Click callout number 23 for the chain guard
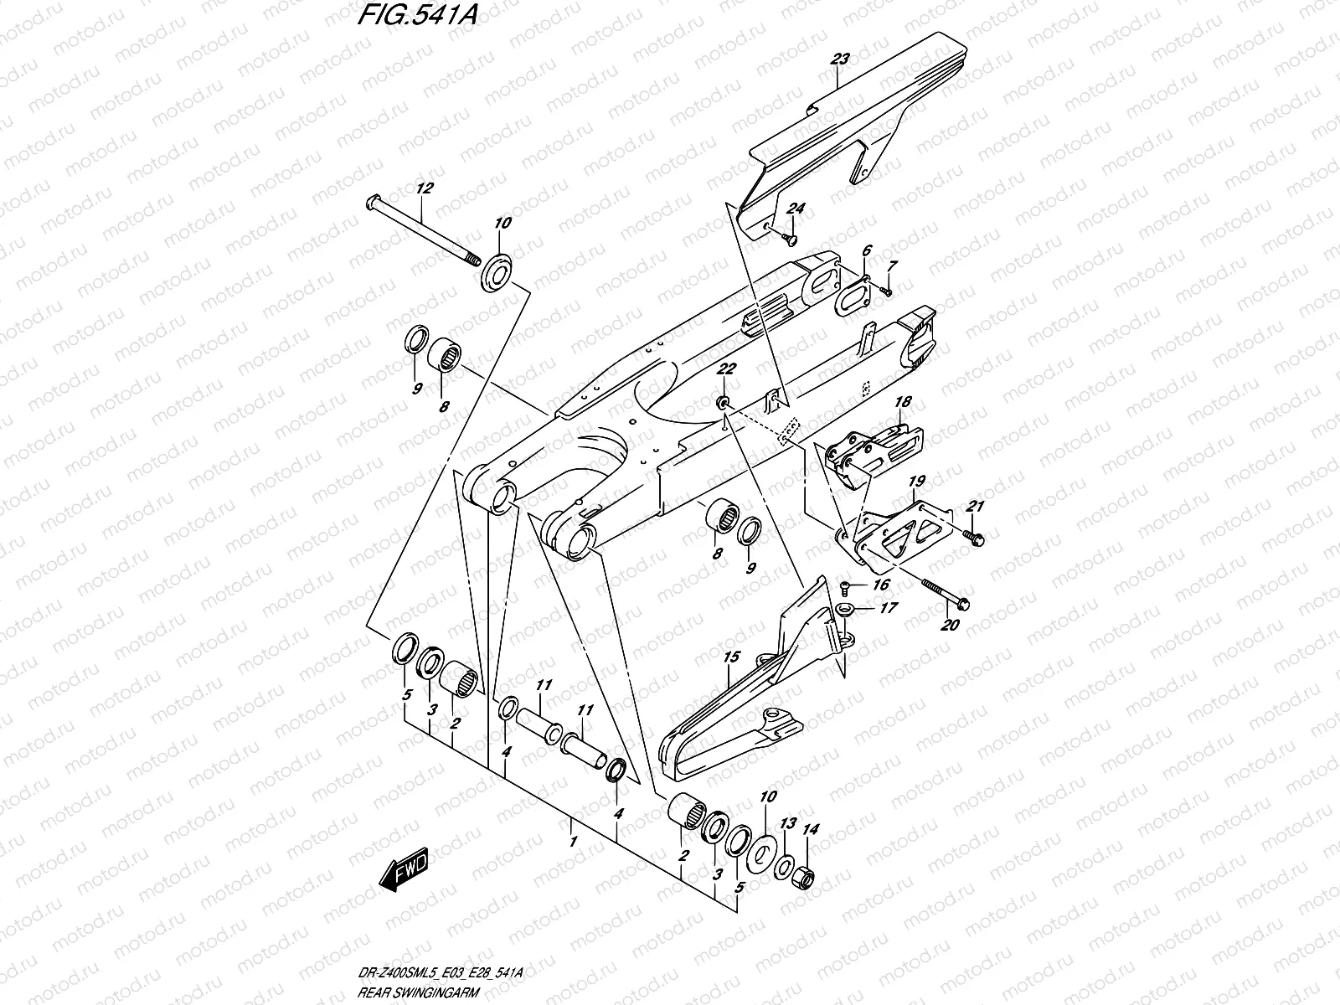point(840,59)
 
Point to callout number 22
point(726,369)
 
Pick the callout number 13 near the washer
point(787,824)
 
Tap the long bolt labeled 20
point(938,592)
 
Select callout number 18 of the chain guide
point(901,403)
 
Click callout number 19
point(916,482)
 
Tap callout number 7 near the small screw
point(893,265)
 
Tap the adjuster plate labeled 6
point(853,295)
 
